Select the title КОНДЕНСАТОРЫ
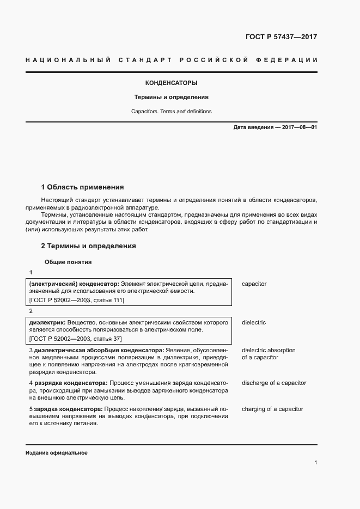171,83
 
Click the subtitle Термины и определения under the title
172,97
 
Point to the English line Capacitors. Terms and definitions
171,112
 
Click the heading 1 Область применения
82,187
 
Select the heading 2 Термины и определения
88,246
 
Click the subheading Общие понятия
68,262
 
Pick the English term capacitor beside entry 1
254,284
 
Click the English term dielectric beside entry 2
253,323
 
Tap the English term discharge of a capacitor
273,383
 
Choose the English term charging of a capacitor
272,409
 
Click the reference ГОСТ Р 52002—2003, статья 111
76,300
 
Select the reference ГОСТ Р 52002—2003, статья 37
75,339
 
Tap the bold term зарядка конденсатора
68,409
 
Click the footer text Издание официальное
56,453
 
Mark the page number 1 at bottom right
315,463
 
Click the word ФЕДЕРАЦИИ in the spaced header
291,59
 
